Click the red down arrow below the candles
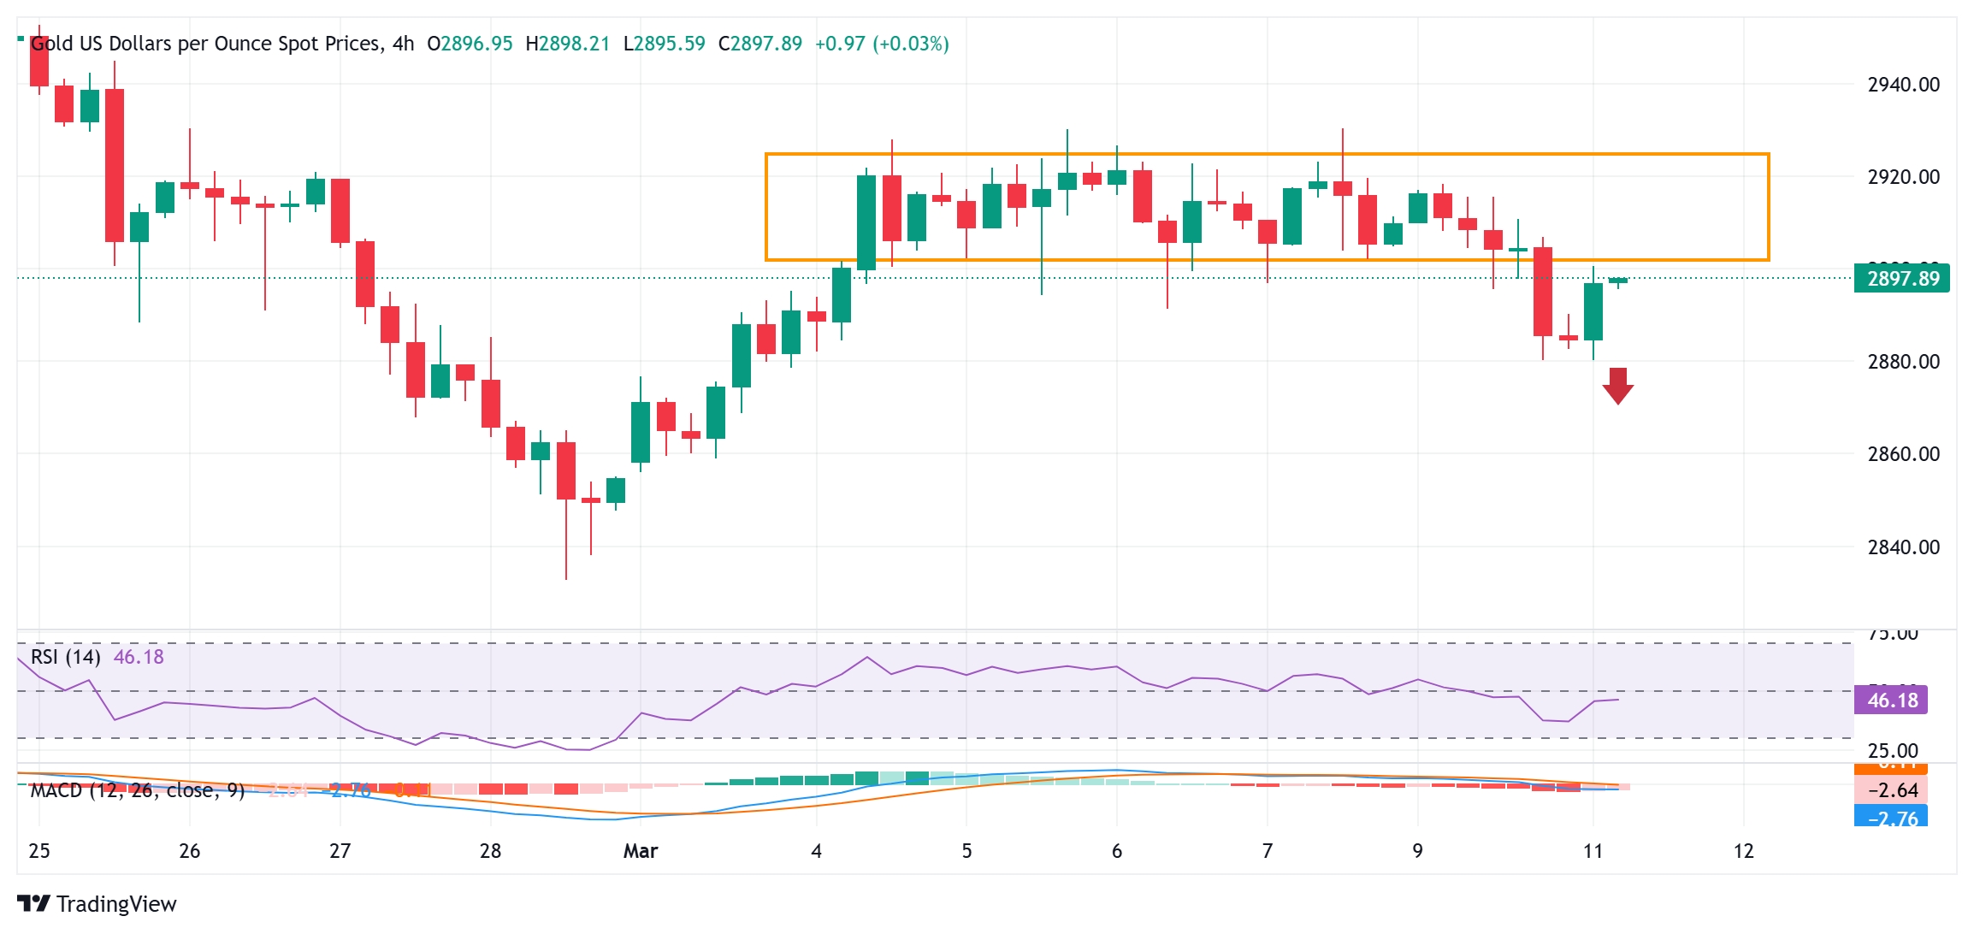click(1617, 386)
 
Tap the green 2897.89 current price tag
click(1902, 279)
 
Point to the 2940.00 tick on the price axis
click(1903, 85)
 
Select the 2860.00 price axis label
click(1903, 454)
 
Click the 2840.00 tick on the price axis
click(1903, 547)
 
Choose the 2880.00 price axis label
click(1903, 362)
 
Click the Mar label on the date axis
click(641, 851)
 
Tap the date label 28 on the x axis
click(490, 851)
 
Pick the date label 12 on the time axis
click(1743, 851)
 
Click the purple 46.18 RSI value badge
click(1891, 700)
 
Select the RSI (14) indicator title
click(66, 657)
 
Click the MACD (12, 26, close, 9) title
click(137, 790)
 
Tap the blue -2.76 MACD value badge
click(1891, 818)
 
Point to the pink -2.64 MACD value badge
click(1891, 790)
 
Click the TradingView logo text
click(116, 904)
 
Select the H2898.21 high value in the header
click(567, 44)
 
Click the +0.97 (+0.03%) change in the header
click(882, 44)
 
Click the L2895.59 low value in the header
click(664, 44)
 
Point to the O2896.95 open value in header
click(470, 44)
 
